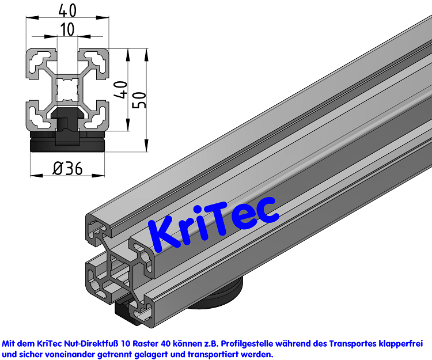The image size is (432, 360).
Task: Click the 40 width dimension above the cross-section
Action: point(68,10)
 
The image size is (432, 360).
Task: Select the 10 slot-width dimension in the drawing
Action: point(68,29)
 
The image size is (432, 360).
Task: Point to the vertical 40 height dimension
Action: point(120,90)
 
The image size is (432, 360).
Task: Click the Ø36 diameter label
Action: point(68,168)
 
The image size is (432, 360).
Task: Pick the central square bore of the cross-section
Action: point(68,90)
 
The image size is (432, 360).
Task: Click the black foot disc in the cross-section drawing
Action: point(68,142)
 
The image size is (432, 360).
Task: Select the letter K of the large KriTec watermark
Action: point(165,234)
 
